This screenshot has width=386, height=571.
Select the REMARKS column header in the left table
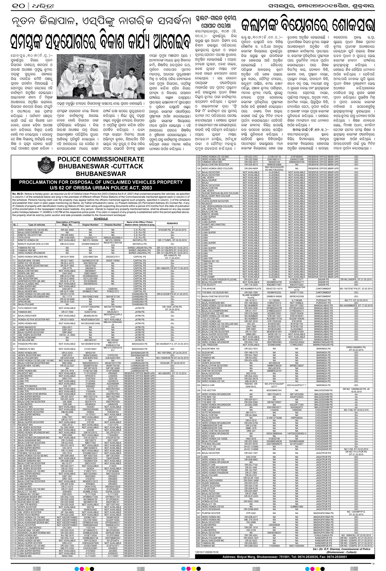pyautogui.click(x=172, y=223)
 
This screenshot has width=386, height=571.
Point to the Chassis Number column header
pyautogui.click(x=113, y=225)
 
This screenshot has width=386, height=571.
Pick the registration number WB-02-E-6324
pyautogui.click(x=67, y=244)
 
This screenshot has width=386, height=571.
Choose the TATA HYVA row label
pyautogui.click(x=24, y=237)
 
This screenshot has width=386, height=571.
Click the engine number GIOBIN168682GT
pyautogui.click(x=90, y=244)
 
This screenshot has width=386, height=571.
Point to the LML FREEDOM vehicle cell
pyautogui.click(x=209, y=344)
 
